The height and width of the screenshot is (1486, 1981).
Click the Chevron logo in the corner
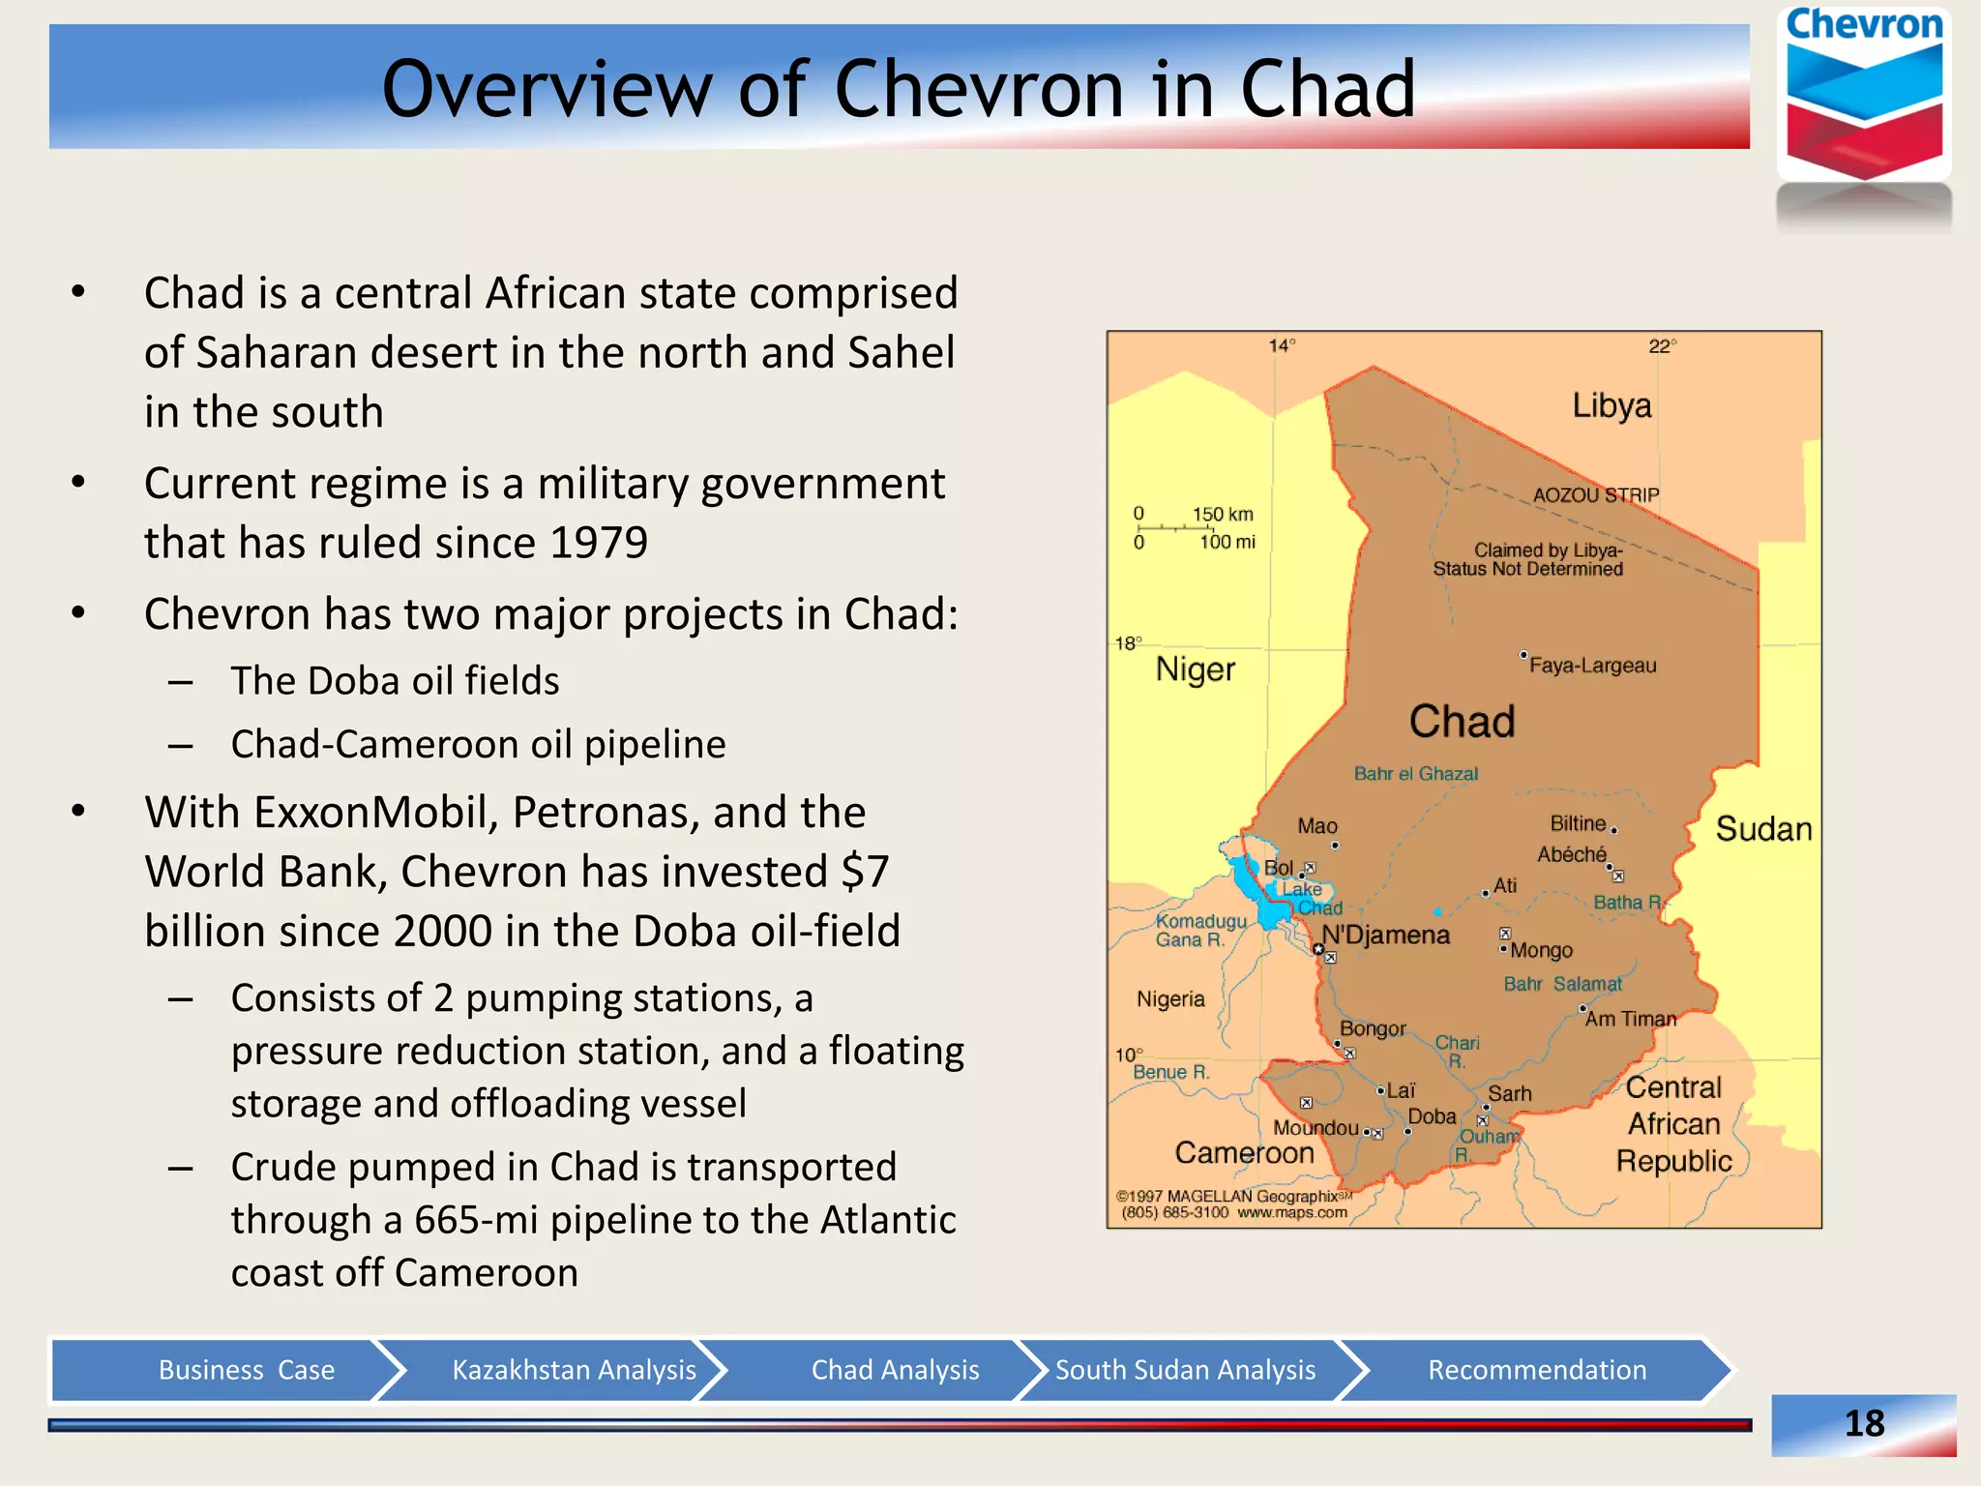[1863, 97]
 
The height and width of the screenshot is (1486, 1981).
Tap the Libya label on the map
[1611, 405]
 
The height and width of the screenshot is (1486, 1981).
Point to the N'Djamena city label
[1385, 935]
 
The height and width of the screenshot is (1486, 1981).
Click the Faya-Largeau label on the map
[1592, 666]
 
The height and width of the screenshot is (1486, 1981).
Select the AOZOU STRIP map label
[1595, 494]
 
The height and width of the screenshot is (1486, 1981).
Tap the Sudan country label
[1762, 829]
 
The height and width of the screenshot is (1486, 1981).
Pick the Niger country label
[1195, 669]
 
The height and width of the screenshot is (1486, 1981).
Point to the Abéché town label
[1571, 854]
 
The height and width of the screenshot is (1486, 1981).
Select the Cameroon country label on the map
[1244, 1152]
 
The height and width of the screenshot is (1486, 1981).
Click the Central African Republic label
[1673, 1123]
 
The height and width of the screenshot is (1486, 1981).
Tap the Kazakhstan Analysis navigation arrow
[574, 1370]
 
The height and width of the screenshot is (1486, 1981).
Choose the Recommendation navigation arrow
[1536, 1370]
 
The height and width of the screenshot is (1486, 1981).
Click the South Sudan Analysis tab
[1184, 1370]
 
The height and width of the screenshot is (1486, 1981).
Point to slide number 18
[1863, 1423]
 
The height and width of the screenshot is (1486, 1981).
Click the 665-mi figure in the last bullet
[476, 1220]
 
